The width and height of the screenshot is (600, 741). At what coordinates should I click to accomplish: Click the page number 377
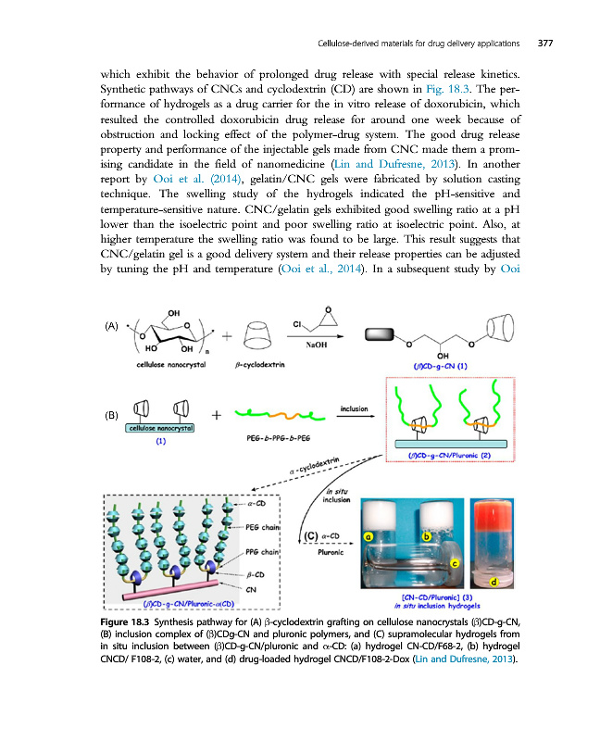pyautogui.click(x=544, y=43)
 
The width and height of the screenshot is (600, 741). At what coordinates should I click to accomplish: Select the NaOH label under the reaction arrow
pyautogui.click(x=319, y=342)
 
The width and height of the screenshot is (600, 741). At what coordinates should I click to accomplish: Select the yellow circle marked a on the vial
pyautogui.click(x=369, y=535)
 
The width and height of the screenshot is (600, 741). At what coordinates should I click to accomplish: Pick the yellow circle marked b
pyautogui.click(x=427, y=535)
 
